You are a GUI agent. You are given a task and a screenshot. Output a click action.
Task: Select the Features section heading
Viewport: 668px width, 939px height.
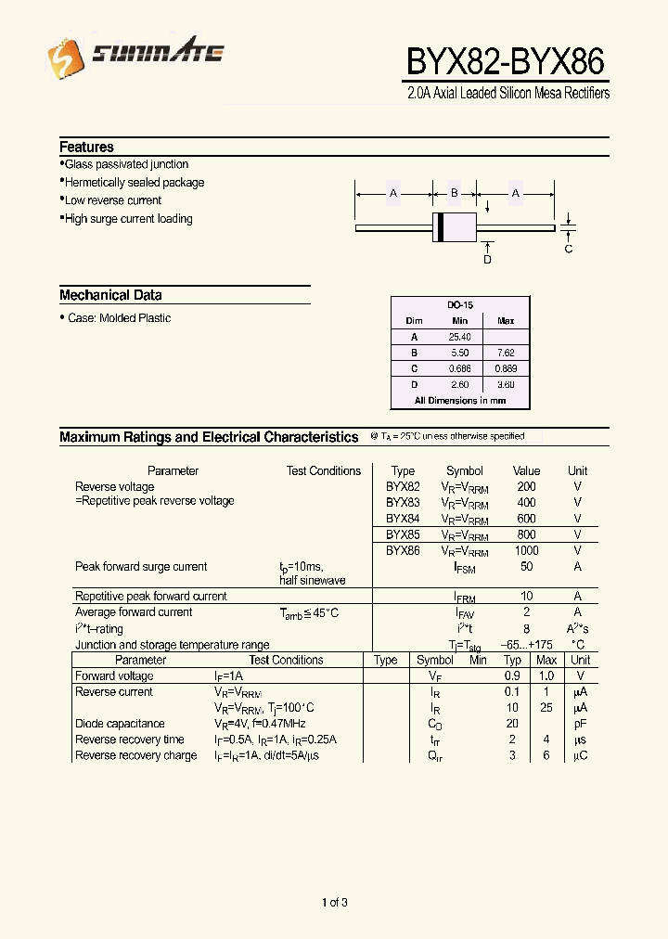pos(86,147)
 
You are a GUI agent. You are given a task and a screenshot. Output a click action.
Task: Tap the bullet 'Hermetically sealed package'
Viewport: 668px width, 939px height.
pos(134,183)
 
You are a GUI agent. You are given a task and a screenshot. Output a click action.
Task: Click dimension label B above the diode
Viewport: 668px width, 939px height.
pos(455,193)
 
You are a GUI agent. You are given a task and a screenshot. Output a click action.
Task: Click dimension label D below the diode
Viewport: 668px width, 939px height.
pos(487,260)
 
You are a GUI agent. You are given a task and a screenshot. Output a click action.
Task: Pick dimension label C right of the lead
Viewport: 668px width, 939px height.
pos(569,249)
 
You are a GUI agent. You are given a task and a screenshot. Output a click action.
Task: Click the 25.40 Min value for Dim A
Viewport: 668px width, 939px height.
pos(460,337)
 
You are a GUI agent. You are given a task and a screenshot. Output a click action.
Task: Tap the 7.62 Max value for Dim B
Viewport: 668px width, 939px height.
pos(506,353)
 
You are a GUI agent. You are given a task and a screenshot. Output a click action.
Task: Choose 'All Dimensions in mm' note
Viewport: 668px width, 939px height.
pos(460,400)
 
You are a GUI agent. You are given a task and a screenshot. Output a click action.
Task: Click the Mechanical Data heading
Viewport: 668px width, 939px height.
pos(110,295)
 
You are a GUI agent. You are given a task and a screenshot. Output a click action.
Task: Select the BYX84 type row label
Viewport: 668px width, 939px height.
pos(403,519)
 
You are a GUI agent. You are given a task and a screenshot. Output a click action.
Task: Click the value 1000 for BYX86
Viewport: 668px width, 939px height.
pos(526,550)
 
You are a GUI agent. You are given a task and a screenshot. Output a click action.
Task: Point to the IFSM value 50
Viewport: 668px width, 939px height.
pos(526,566)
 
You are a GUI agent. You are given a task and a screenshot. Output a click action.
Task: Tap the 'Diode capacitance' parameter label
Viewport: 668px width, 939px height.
pos(120,724)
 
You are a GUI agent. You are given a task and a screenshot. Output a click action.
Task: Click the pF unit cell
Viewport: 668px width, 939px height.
pos(581,724)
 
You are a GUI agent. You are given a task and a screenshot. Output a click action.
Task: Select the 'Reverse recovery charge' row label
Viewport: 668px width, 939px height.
pos(135,755)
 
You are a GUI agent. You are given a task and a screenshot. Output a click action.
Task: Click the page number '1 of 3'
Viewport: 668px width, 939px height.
pos(334,902)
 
